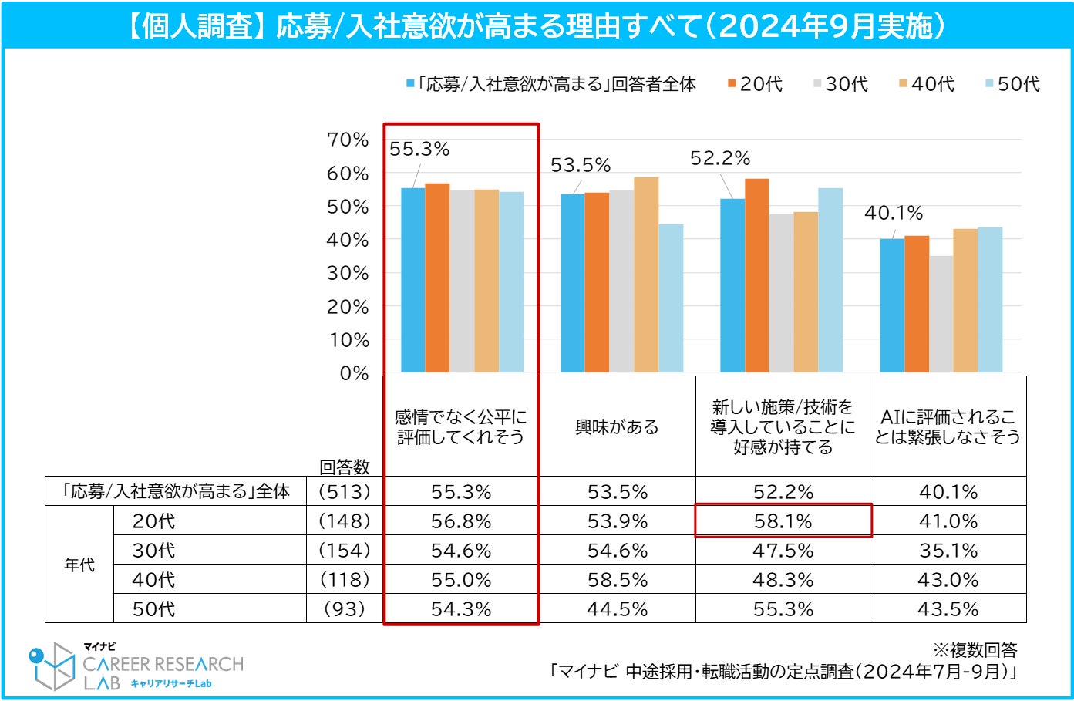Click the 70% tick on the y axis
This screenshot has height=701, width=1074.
point(348,140)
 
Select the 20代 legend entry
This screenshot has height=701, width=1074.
point(756,84)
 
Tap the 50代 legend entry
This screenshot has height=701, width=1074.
point(1013,84)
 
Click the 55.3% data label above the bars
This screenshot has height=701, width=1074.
point(419,150)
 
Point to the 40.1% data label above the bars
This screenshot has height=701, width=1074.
point(894,213)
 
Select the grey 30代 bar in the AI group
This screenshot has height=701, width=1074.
point(941,314)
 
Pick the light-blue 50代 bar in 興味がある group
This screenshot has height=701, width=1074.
point(671,298)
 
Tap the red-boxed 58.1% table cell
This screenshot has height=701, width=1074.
point(783,521)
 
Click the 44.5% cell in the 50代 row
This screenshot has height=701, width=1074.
point(618,609)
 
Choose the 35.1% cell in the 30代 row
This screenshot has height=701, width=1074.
point(948,551)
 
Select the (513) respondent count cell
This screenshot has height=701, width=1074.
point(345,492)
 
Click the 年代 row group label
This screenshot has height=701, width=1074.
point(79,565)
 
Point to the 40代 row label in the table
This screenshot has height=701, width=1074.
point(154,580)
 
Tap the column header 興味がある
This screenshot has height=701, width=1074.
point(617,427)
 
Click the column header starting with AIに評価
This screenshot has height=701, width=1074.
point(948,427)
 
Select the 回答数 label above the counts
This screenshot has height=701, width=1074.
point(345,467)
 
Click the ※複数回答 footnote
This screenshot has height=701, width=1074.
point(975,650)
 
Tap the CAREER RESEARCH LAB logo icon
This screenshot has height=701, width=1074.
point(52,666)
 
